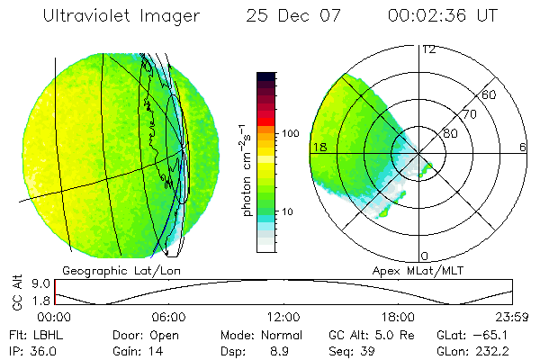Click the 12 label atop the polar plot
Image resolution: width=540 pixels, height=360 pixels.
[x=427, y=49]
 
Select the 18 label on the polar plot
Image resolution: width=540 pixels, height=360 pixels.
[x=318, y=147]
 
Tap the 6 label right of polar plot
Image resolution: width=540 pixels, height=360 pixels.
[x=523, y=147]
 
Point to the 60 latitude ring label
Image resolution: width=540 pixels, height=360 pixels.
[x=490, y=94]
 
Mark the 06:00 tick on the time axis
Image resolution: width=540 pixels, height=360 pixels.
[x=168, y=317]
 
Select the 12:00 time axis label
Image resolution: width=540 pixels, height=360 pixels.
[x=283, y=317]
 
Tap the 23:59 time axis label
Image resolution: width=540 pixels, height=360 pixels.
[x=512, y=317]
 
